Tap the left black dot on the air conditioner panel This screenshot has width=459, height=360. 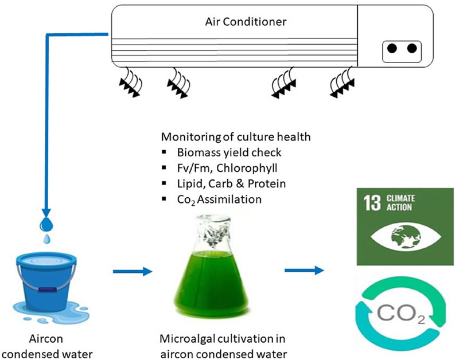[391, 49]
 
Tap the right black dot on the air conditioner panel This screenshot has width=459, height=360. [411, 49]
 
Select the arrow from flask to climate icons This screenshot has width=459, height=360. [303, 269]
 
